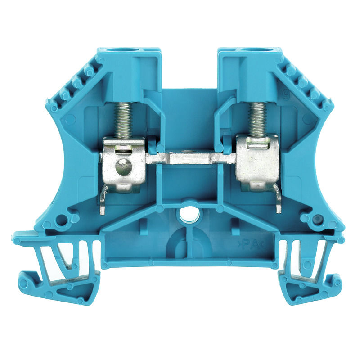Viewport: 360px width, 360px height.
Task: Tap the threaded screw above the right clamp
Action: click(x=257, y=120)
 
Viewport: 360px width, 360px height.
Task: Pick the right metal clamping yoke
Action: click(x=258, y=162)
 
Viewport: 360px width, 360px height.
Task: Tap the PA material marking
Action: click(x=248, y=244)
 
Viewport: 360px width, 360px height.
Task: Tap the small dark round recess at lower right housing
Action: click(x=318, y=220)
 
